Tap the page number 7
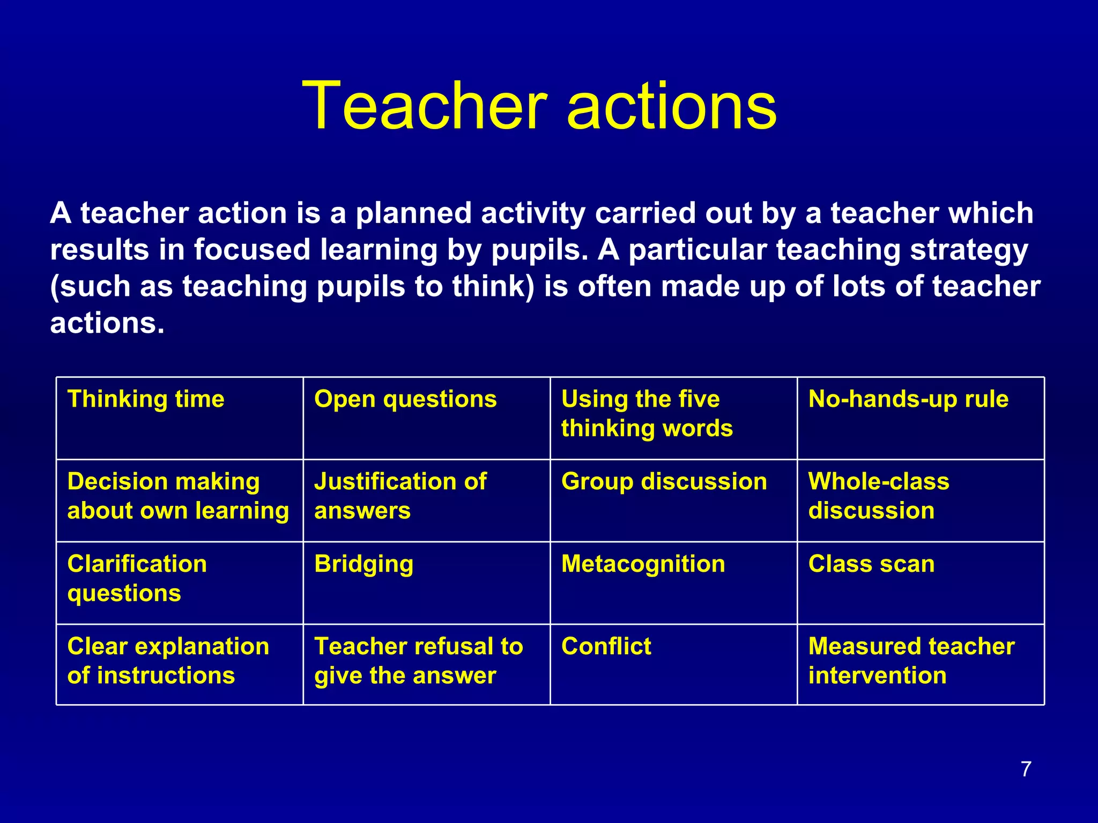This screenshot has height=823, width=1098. click(x=1026, y=769)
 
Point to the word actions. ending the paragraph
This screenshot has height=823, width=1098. click(x=107, y=323)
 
